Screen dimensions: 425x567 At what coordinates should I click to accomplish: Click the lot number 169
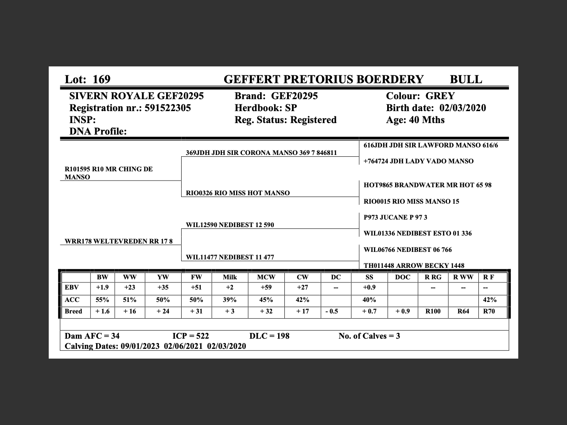tap(101, 80)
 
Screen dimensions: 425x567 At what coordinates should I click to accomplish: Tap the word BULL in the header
tap(466, 80)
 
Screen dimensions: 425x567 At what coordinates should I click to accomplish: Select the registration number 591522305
tap(168, 108)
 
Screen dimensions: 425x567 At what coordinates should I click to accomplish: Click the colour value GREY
tap(440, 96)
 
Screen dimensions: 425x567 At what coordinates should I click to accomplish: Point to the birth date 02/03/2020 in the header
tap(462, 108)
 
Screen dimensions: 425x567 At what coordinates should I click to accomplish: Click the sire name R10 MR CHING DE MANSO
tap(109, 173)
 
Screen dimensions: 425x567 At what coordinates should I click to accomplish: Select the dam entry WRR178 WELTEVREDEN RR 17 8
tap(119, 241)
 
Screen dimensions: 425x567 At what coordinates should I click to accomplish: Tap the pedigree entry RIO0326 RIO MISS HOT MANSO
tap(238, 193)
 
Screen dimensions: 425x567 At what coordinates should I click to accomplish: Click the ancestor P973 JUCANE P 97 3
tap(395, 217)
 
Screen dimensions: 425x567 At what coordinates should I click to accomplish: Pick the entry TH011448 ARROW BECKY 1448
tap(414, 266)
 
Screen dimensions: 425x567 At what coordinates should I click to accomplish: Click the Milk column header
tap(229, 277)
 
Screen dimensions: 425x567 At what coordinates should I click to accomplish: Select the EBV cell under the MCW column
tap(266, 288)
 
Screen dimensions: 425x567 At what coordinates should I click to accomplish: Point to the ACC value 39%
tap(229, 300)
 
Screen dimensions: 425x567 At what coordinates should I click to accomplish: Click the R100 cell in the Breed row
tap(433, 311)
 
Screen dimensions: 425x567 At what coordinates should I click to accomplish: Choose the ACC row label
tap(72, 300)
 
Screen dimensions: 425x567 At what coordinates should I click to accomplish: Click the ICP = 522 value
tap(190, 336)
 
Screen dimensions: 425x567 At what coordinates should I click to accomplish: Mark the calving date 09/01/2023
tap(140, 346)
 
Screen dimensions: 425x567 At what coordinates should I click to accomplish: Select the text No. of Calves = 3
tap(369, 336)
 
